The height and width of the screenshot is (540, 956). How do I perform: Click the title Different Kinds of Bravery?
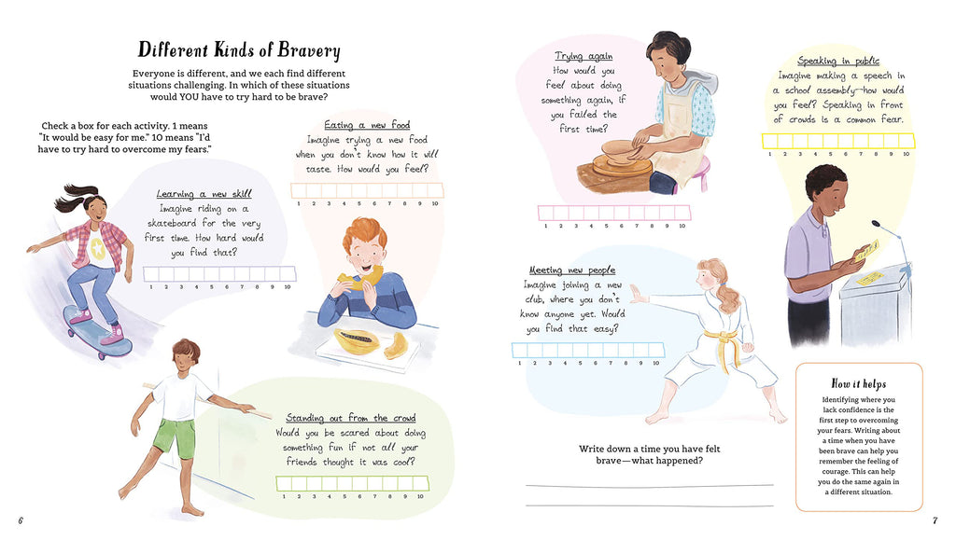[x=239, y=50]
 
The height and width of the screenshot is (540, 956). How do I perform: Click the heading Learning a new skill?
[x=204, y=194]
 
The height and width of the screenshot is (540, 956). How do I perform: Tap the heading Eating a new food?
[x=367, y=125]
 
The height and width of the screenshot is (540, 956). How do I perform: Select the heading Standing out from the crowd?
[x=351, y=418]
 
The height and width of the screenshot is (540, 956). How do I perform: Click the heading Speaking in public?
[x=838, y=61]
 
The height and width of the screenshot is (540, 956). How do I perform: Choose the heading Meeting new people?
[x=572, y=270]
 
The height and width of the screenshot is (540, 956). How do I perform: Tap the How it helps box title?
[x=859, y=383]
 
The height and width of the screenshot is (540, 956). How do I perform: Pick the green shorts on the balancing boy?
[x=174, y=437]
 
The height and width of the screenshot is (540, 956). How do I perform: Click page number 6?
[x=21, y=520]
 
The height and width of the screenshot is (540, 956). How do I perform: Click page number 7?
[x=935, y=520]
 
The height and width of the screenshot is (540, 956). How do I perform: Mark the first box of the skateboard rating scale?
[x=151, y=274]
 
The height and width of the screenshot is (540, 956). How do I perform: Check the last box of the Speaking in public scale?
[x=907, y=141]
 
